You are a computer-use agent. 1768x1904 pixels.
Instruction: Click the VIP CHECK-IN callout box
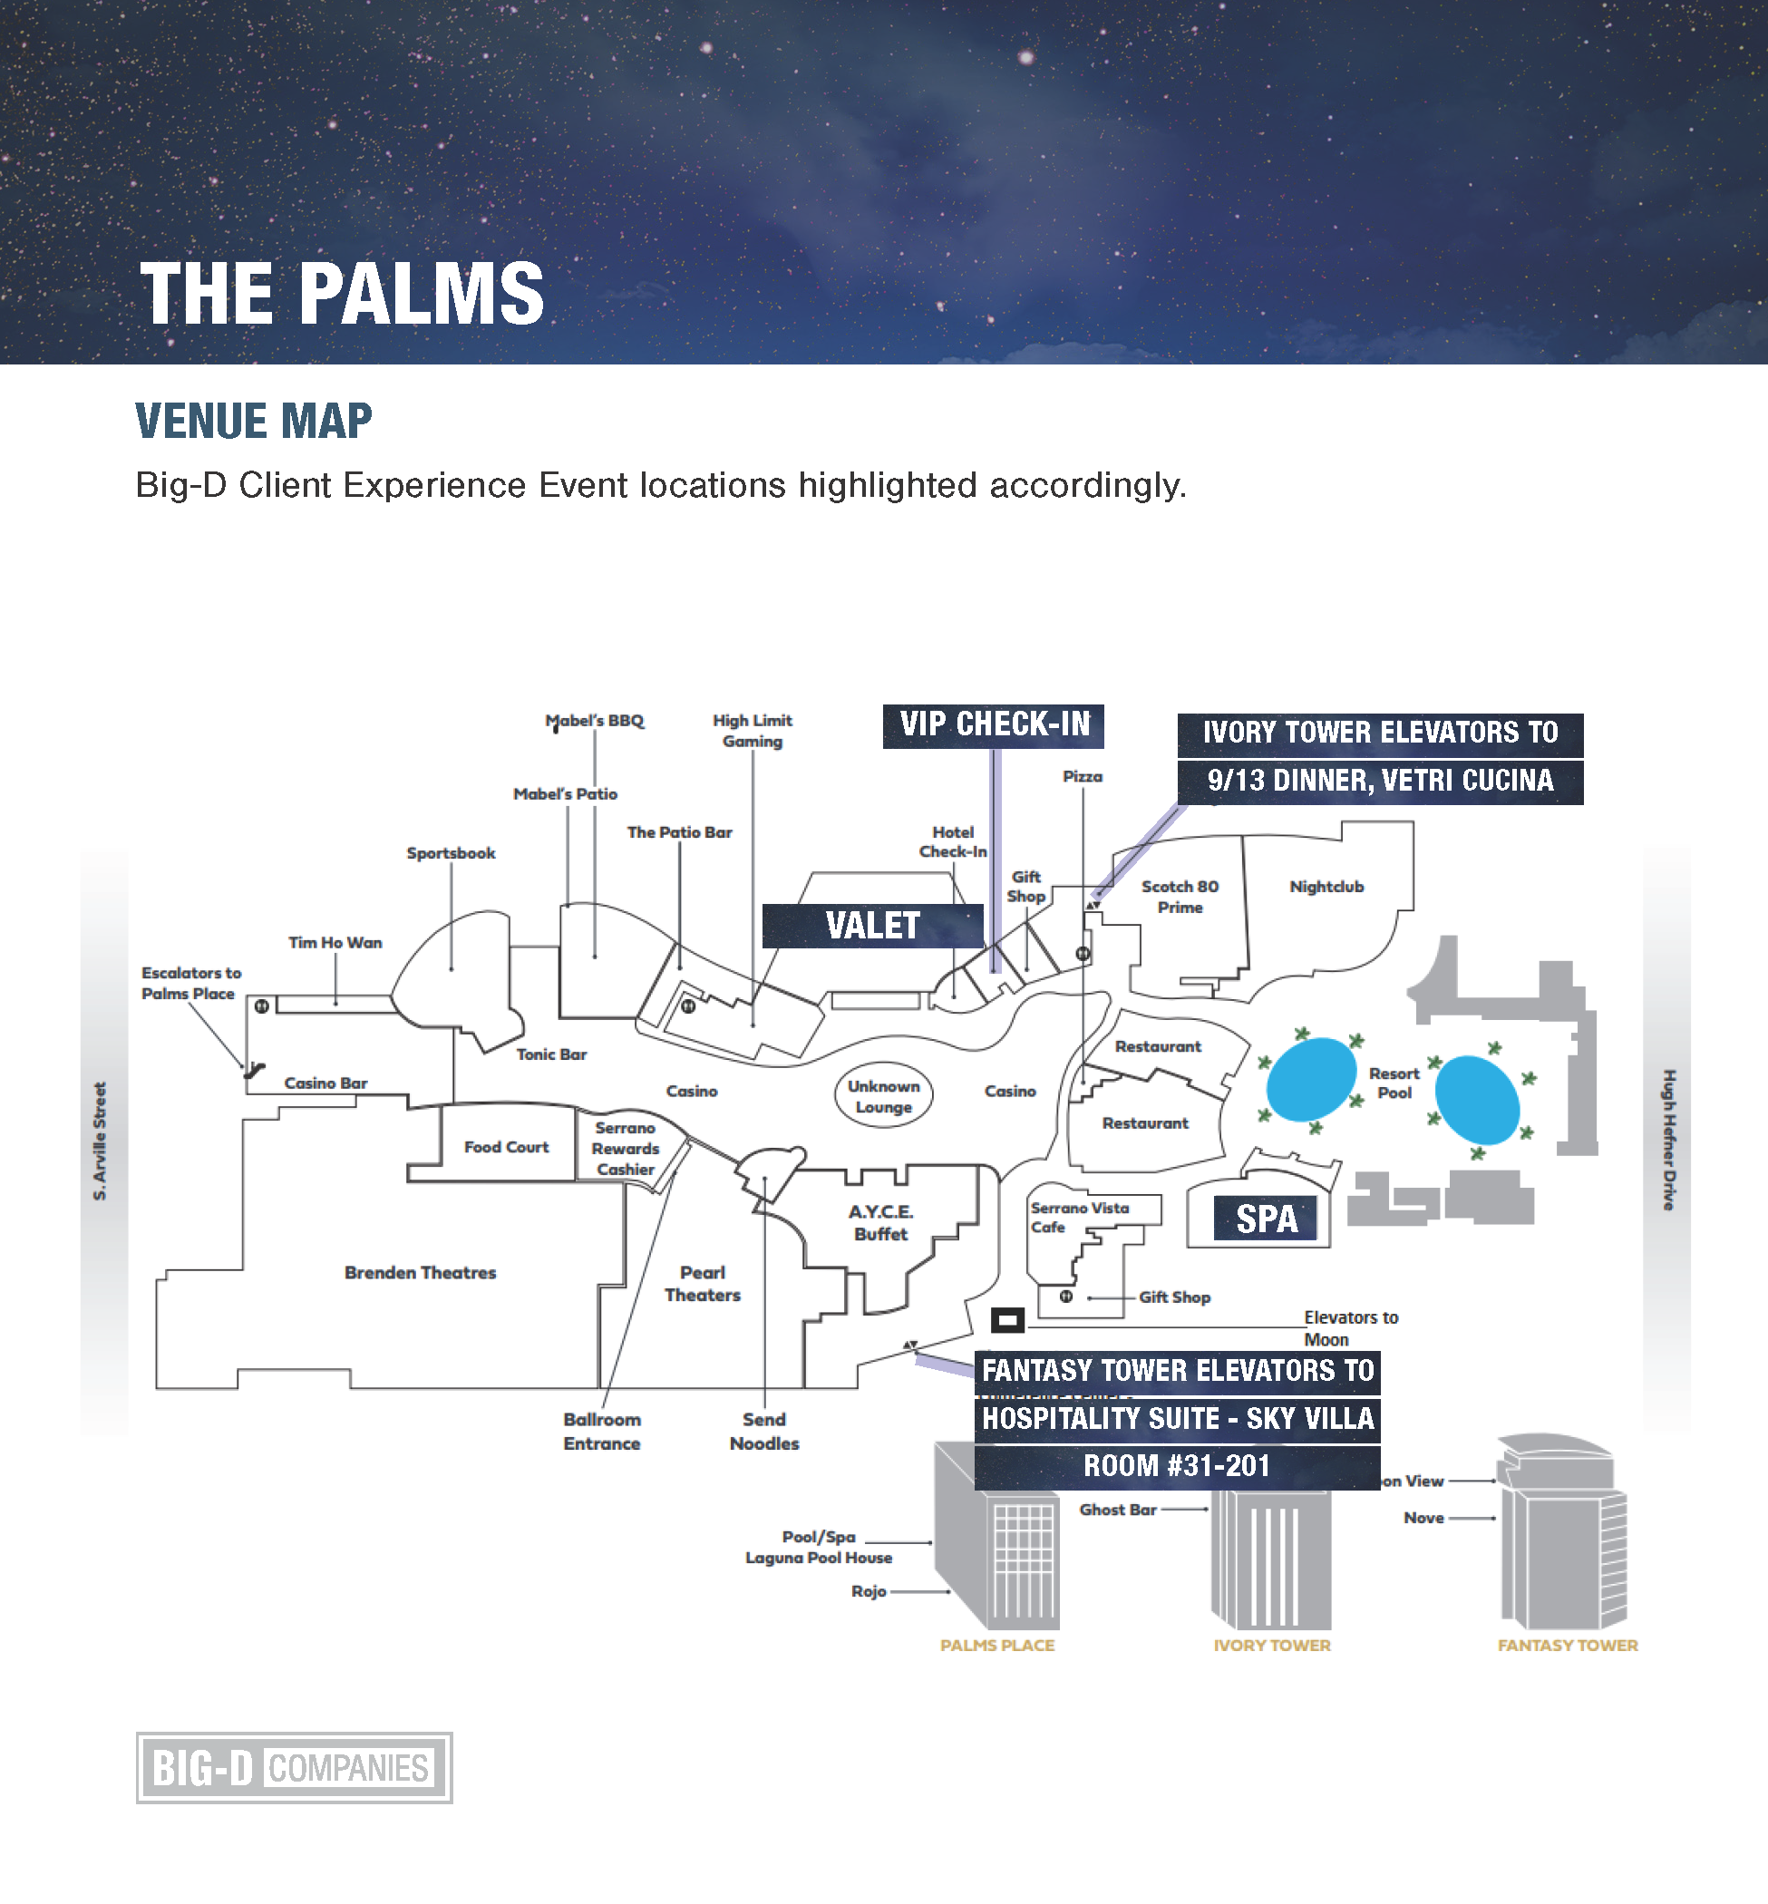[993, 725]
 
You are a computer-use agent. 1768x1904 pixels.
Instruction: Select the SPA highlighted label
[1266, 1219]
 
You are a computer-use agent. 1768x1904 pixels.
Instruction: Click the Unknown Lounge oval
[883, 1096]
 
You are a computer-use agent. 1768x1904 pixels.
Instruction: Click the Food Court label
[506, 1147]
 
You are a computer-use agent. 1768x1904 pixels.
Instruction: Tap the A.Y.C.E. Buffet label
[881, 1223]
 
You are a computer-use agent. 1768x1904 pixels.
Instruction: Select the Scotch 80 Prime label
[1180, 897]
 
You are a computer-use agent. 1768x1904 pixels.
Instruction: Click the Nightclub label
[1326, 887]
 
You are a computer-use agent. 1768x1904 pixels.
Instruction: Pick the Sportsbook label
[451, 852]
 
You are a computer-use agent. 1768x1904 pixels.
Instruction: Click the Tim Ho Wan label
[335, 942]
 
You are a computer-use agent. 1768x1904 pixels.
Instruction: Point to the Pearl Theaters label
[703, 1284]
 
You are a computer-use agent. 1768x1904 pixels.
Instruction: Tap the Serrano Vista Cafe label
[1078, 1217]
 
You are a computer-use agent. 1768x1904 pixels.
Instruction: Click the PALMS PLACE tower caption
[997, 1645]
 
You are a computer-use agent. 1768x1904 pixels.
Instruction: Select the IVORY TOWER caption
[1271, 1645]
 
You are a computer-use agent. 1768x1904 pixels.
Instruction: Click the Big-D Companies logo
[294, 1767]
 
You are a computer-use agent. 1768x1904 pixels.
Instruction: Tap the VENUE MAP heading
[254, 422]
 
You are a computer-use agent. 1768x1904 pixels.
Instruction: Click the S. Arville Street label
[100, 1141]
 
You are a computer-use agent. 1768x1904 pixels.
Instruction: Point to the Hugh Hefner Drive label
[1668, 1140]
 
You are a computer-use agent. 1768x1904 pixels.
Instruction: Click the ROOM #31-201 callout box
[1177, 1466]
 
